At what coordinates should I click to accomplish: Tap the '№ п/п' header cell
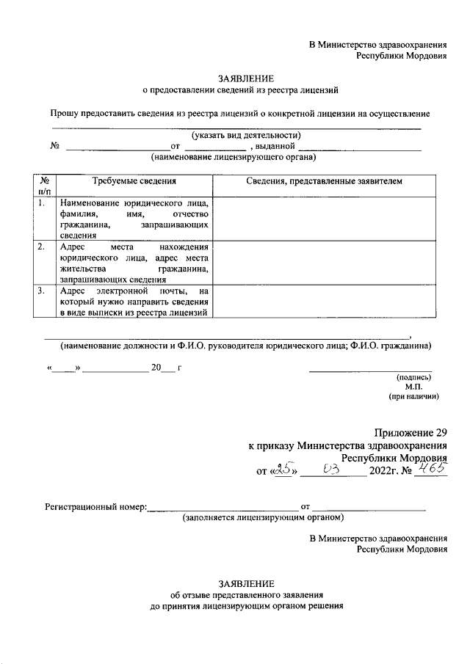pos(44,185)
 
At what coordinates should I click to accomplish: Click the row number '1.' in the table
pos(43,203)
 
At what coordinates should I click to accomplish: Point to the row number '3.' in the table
pos(43,291)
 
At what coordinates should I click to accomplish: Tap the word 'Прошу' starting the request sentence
pos(65,114)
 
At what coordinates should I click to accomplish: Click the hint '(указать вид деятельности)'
pos(246,135)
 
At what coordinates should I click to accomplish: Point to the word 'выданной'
pos(274,146)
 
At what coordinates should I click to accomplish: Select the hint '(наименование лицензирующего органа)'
pos(234,157)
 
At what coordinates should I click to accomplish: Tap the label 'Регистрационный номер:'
pos(95,507)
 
